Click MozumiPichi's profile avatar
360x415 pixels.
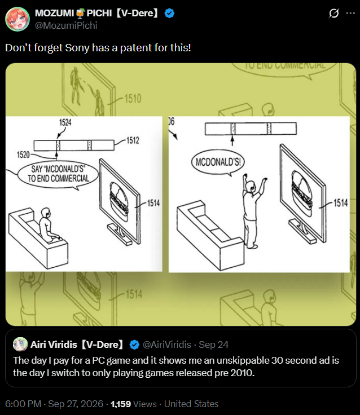(17, 19)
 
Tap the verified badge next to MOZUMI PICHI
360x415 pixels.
(169, 13)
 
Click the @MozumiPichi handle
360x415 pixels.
(66, 25)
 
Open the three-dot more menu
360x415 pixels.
(350, 13)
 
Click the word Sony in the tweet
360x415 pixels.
(77, 48)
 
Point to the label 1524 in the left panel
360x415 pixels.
(65, 122)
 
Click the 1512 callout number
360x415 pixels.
(133, 140)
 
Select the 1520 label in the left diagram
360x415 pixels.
(23, 154)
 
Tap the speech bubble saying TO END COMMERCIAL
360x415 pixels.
(58, 175)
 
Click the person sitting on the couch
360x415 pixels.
(48, 225)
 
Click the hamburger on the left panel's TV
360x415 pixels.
(119, 198)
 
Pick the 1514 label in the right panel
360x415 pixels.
(340, 203)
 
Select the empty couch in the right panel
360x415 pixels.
(210, 236)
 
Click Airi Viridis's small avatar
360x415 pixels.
(20, 345)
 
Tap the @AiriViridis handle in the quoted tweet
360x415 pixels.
(167, 345)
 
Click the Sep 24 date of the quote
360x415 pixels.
(213, 345)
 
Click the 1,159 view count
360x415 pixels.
(121, 404)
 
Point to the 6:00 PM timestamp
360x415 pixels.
(23, 404)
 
